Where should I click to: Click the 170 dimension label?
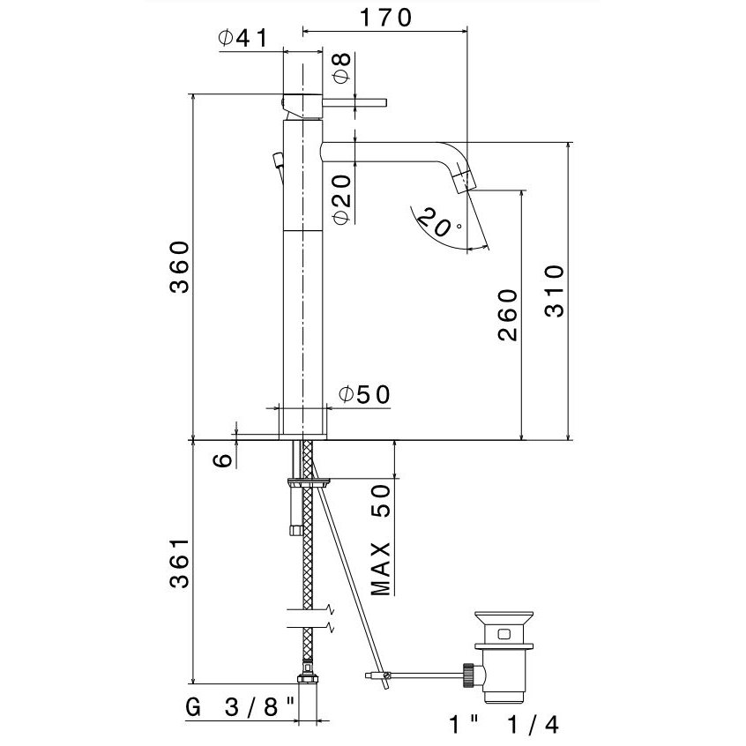click(x=384, y=18)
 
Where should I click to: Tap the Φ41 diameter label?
click(x=243, y=38)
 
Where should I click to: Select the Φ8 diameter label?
click(x=341, y=68)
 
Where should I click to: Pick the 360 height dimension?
click(x=180, y=267)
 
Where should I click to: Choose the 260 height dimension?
click(x=508, y=315)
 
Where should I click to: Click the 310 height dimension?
click(x=555, y=291)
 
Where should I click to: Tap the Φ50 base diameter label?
click(x=364, y=394)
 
